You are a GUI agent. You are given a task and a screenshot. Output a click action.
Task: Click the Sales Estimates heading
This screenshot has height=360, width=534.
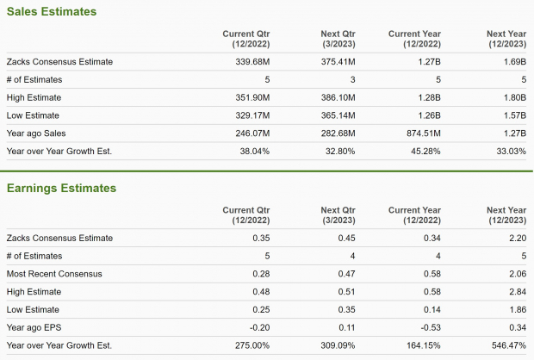(x=51, y=12)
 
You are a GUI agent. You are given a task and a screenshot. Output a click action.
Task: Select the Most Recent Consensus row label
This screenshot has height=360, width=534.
(x=54, y=273)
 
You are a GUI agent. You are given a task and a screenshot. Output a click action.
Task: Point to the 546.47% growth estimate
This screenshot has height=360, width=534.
(x=506, y=344)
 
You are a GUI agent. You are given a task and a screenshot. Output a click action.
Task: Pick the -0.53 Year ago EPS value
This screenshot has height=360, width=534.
(x=430, y=326)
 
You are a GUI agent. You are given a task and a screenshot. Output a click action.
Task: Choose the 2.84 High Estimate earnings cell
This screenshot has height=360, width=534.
(x=515, y=291)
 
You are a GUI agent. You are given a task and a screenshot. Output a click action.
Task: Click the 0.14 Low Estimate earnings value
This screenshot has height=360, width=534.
(x=432, y=308)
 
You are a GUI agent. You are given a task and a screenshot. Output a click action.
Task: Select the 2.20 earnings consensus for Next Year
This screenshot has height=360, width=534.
(x=515, y=238)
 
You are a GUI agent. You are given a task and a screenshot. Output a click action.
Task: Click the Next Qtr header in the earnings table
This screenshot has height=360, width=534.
(x=338, y=214)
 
